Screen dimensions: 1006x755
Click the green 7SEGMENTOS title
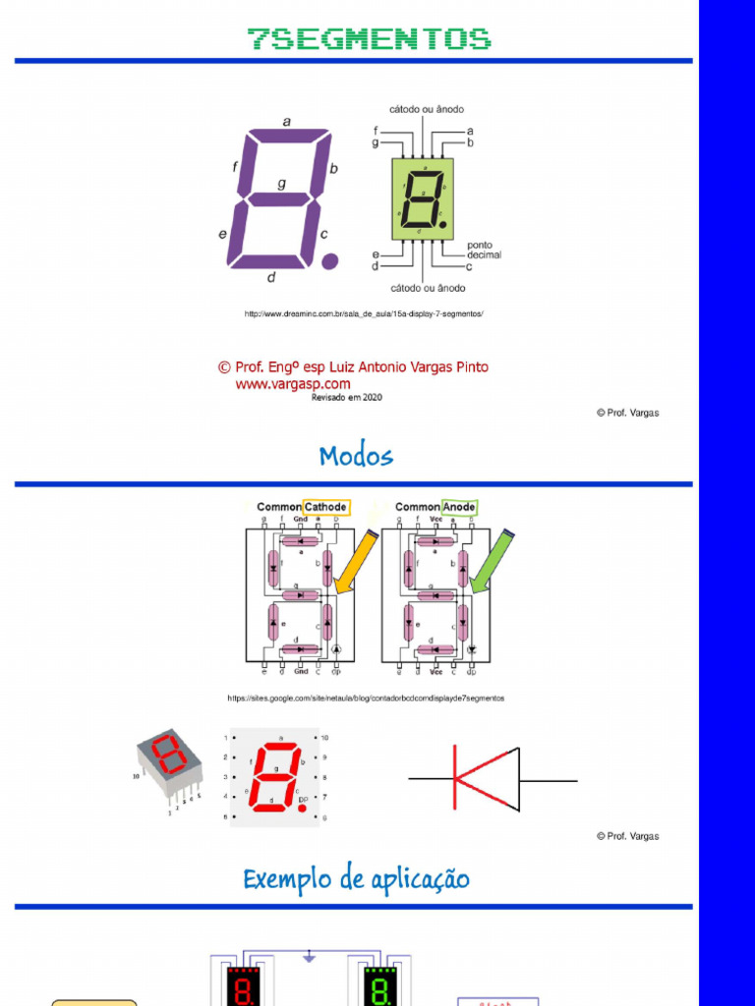(369, 39)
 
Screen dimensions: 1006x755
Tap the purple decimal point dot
(330, 260)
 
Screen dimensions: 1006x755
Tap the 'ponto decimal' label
(483, 250)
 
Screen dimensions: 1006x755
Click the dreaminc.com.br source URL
(364, 313)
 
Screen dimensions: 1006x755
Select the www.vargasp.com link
(293, 384)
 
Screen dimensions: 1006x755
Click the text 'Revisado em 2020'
(346, 398)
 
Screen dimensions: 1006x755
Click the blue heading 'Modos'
(356, 456)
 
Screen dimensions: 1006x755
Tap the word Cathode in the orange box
(325, 508)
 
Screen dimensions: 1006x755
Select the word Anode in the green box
(459, 508)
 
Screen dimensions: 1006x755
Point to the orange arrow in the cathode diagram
(356, 562)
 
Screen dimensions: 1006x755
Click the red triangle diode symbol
(487, 779)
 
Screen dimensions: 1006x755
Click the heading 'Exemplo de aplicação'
(356, 879)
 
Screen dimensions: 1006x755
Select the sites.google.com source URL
(366, 698)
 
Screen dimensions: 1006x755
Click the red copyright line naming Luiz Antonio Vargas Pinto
(353, 367)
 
